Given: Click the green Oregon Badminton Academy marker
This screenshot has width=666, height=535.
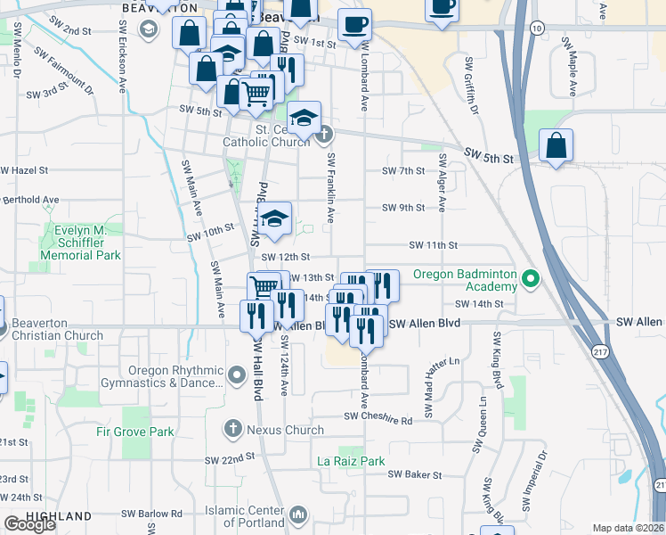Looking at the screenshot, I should [x=531, y=279].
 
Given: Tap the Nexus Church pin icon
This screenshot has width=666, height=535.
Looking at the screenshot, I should [x=232, y=430].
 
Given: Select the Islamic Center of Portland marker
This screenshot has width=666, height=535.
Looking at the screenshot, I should [x=298, y=514].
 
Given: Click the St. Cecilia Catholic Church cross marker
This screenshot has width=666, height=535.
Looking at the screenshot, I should [x=324, y=135].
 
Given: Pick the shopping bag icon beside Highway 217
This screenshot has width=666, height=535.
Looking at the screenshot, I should [x=556, y=148].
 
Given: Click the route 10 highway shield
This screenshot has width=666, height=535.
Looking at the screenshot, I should [x=536, y=29].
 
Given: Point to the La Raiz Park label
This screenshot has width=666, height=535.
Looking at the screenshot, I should [x=352, y=462].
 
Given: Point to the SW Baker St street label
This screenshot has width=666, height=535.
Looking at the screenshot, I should [x=411, y=474].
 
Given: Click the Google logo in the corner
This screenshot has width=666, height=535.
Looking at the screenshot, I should [x=29, y=524].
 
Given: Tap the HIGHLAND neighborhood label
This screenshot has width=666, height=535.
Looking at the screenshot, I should [x=59, y=516].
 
